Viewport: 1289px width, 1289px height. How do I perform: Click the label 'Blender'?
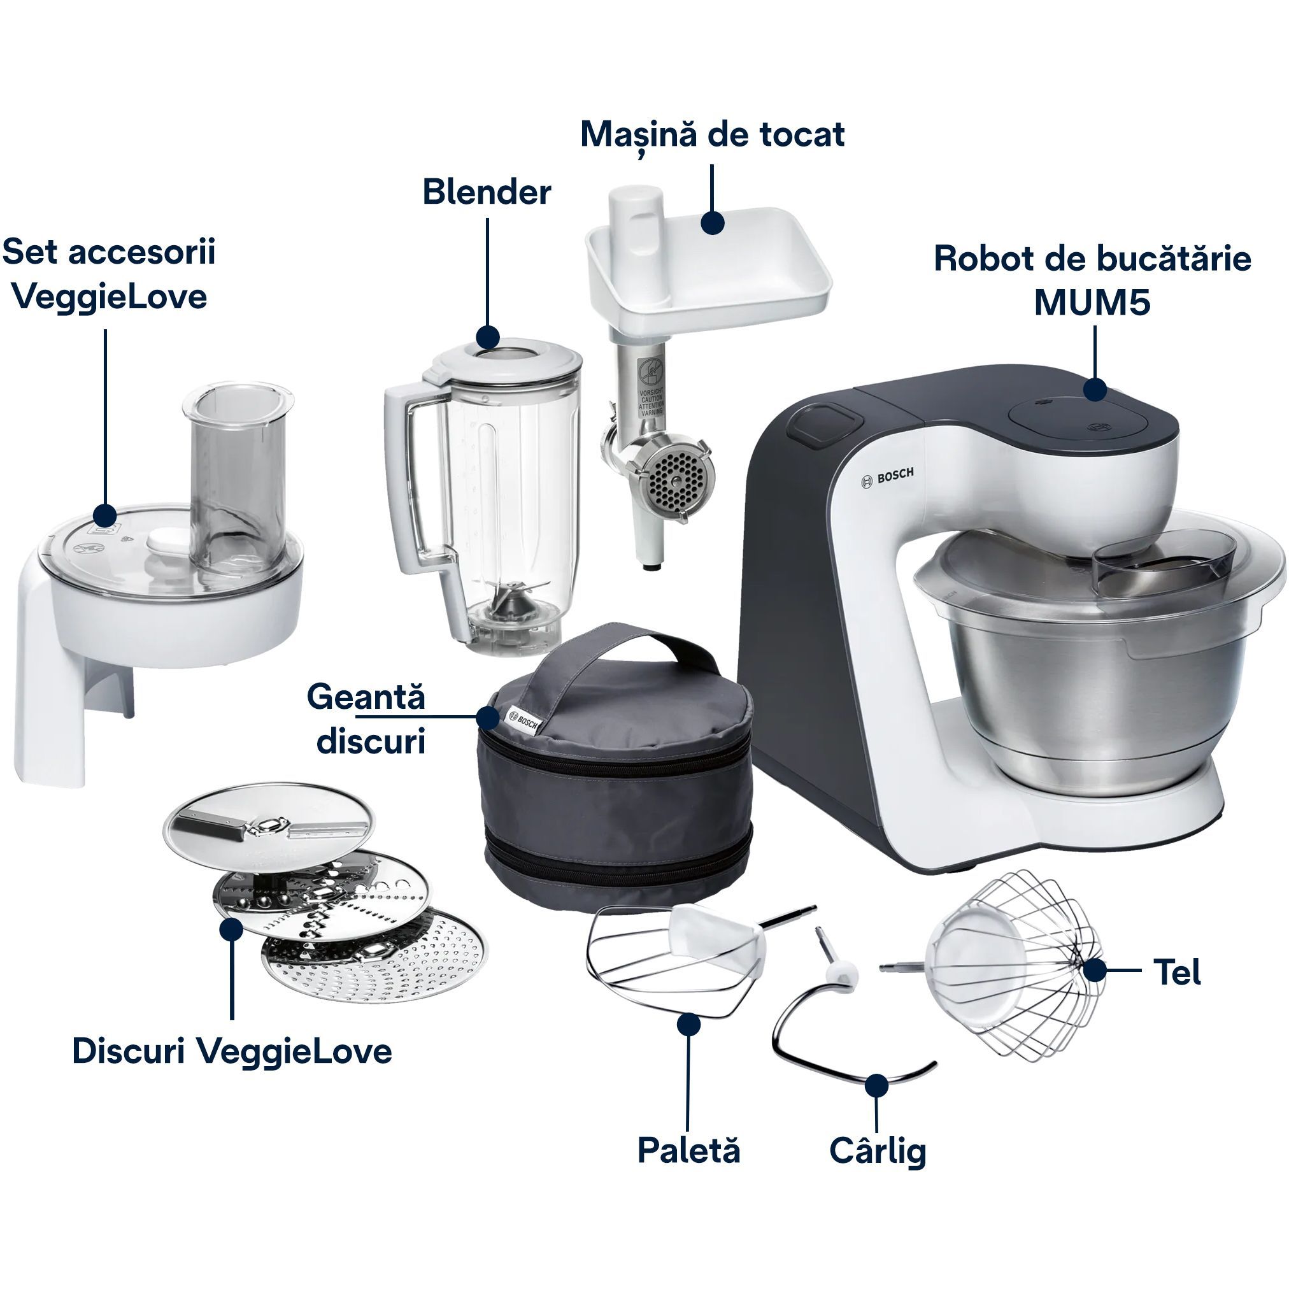[487, 192]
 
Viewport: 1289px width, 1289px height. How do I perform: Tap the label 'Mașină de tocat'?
[712, 136]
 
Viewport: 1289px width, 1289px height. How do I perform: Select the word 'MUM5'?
[1092, 303]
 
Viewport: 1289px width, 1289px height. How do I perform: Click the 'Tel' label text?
[1177, 972]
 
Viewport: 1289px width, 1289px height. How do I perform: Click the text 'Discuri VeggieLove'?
[232, 1052]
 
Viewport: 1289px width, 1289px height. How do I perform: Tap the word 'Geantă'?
[366, 697]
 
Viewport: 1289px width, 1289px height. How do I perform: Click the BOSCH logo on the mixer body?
[887, 477]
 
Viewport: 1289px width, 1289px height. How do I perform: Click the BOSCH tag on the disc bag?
[524, 720]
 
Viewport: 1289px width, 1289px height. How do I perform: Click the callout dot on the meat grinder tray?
[713, 223]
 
